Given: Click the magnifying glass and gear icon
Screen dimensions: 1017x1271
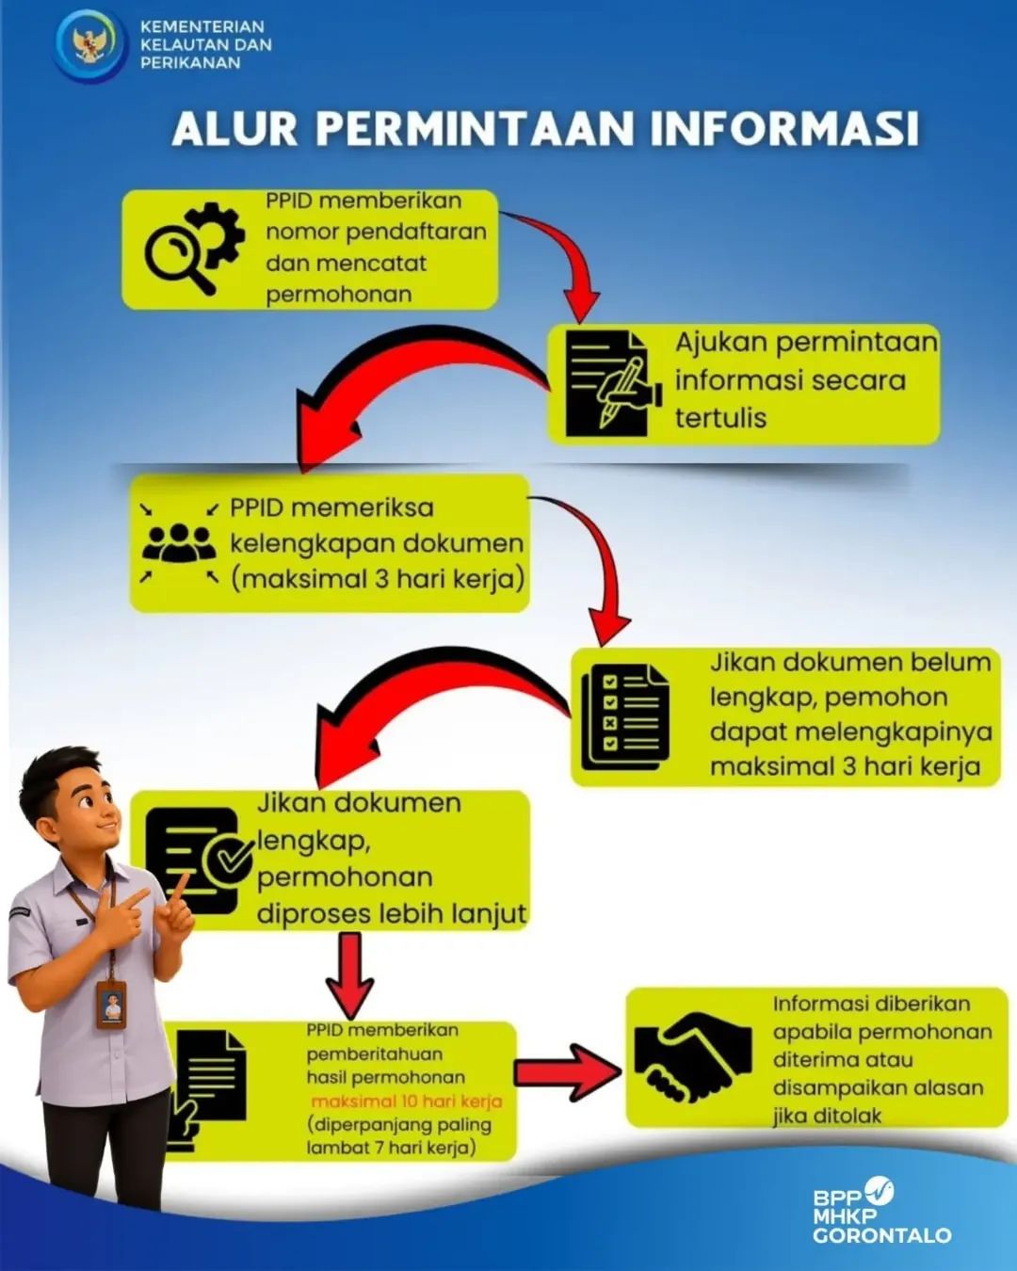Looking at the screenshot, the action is (x=194, y=248).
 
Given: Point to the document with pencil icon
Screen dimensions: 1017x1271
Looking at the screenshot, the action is (x=612, y=383).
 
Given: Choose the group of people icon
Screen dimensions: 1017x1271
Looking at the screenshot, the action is (x=175, y=542).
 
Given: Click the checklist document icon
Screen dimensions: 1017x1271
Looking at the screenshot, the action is (x=625, y=717).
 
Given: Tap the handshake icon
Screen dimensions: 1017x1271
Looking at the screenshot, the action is (x=692, y=1064).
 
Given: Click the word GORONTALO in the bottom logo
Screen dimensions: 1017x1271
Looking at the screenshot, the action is (x=881, y=1233).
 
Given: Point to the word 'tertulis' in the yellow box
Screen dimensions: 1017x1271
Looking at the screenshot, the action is (x=720, y=418).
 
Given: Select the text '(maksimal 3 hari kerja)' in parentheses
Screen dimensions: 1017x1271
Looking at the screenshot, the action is (x=378, y=579).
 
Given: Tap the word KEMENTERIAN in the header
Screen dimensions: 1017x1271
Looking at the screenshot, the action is (x=202, y=27).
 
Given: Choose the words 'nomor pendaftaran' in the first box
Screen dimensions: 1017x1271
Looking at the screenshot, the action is (x=376, y=233).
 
